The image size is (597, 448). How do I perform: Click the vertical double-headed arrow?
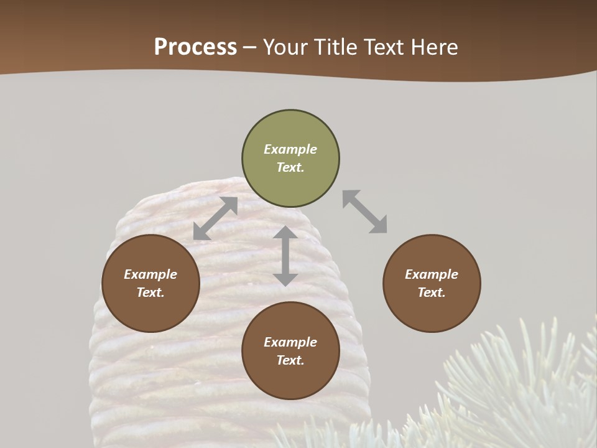(x=285, y=256)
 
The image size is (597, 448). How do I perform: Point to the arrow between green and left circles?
(x=215, y=218)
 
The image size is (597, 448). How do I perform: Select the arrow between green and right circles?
(x=365, y=212)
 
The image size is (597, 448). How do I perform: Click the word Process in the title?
(x=195, y=47)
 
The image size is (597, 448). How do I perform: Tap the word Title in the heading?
(x=334, y=47)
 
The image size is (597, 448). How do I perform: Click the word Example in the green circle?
(x=290, y=149)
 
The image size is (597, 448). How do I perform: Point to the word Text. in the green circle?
(x=290, y=167)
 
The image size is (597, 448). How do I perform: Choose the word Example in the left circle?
(x=150, y=274)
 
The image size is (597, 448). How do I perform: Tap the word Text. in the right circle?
(x=432, y=292)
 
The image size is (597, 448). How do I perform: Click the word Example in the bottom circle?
(x=290, y=342)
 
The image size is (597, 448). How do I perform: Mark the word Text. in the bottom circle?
(x=290, y=360)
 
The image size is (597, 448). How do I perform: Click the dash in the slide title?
(x=250, y=47)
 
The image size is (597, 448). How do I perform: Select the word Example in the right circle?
(x=432, y=274)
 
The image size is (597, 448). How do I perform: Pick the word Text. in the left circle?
(x=150, y=292)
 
